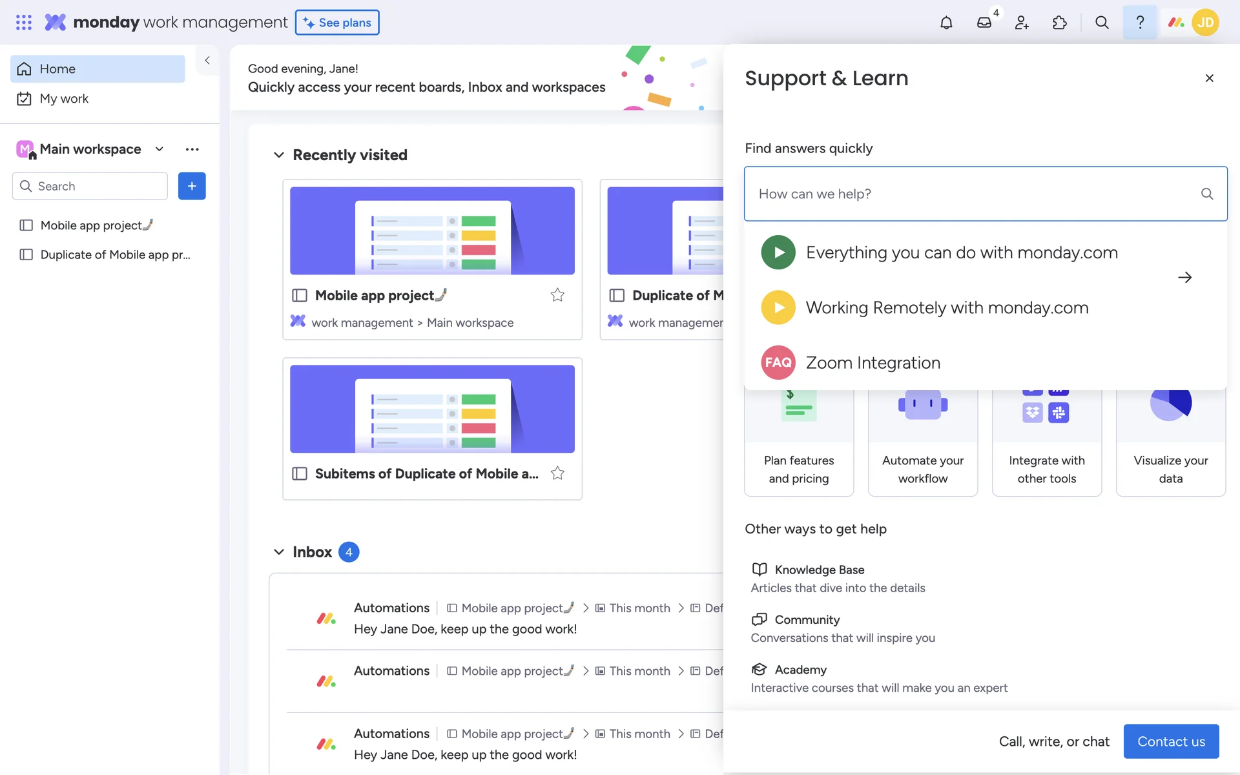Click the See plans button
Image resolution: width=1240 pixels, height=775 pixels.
pyautogui.click(x=337, y=23)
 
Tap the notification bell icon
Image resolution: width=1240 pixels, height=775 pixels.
pyautogui.click(x=946, y=23)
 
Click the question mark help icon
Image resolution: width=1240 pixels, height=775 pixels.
pyautogui.click(x=1140, y=23)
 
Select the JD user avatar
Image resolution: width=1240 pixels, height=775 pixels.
pyautogui.click(x=1205, y=23)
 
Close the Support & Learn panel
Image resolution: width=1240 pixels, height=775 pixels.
pyautogui.click(x=1210, y=78)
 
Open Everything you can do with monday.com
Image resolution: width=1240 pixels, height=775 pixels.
pyautogui.click(x=962, y=253)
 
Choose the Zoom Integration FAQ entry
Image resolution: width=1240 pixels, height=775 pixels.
pyautogui.click(x=873, y=362)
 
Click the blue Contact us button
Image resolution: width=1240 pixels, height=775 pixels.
pyautogui.click(x=1171, y=741)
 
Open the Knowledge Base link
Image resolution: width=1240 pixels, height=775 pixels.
pyautogui.click(x=819, y=570)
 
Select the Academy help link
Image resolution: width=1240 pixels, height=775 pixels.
pyautogui.click(x=800, y=670)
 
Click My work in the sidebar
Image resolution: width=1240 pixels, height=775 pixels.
pyautogui.click(x=64, y=99)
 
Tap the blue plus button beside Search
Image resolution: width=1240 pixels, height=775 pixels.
pyautogui.click(x=192, y=186)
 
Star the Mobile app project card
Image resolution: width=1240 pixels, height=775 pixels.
pyautogui.click(x=557, y=295)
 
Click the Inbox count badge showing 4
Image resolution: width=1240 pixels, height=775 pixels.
pyautogui.click(x=349, y=552)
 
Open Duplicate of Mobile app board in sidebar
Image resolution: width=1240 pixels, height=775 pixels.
pyautogui.click(x=115, y=254)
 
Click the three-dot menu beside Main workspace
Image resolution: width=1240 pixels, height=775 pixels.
pyautogui.click(x=192, y=149)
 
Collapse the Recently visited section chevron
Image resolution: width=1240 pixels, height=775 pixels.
pyautogui.click(x=279, y=155)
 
